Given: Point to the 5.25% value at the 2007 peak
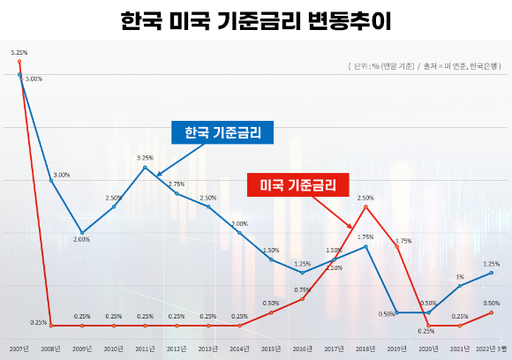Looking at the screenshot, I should pyautogui.click(x=19, y=53).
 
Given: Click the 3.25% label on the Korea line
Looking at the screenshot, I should pyautogui.click(x=145, y=158).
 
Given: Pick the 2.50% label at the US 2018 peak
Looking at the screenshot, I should pyautogui.click(x=365, y=198).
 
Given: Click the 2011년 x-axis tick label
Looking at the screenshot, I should pyautogui.click(x=145, y=349).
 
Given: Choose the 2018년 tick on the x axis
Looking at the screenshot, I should pyautogui.click(x=365, y=349).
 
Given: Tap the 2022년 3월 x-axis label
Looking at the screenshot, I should pyautogui.click(x=491, y=349).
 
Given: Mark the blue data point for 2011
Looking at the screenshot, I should pyautogui.click(x=145, y=167).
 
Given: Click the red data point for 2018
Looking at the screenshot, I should pyautogui.click(x=365, y=206).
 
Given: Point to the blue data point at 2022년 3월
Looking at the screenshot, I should pyautogui.click(x=491, y=273).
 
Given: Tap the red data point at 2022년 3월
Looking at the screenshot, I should pyautogui.click(x=491, y=312).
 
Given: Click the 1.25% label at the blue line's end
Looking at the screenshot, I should pyautogui.click(x=491, y=264).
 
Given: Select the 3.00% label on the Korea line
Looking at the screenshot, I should pyautogui.click(x=61, y=175).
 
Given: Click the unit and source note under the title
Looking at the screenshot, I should pyautogui.click(x=427, y=67).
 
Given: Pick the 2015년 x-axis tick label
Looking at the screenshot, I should pyautogui.click(x=271, y=349).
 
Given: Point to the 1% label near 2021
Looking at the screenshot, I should pyautogui.click(x=460, y=277).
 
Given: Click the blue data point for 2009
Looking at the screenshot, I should pyautogui.click(x=82, y=233).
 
